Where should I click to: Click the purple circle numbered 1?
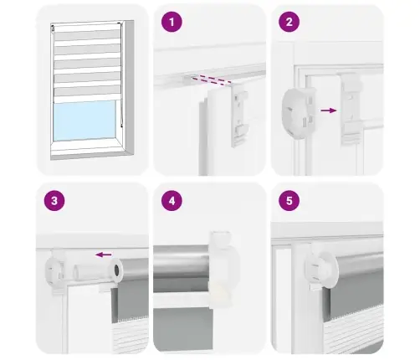pos(172,22)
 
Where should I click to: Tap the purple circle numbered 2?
pos(289,22)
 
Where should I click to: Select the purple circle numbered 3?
pos(54,201)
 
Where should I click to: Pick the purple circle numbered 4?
pos(172,201)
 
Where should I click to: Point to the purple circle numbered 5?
pos(289,201)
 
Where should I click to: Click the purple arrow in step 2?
pos(329,111)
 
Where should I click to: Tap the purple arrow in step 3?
pos(103,255)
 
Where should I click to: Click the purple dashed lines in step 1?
pos(211,80)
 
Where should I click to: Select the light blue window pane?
pos(85,121)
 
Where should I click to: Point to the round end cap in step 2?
pos(299,111)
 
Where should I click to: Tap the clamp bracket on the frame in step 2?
pos(352,109)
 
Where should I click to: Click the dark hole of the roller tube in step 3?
pos(117,269)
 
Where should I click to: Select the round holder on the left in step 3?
pos(54,269)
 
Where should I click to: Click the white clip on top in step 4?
pos(220,238)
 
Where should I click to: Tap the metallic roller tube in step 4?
pos(182,262)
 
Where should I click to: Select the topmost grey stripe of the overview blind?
pos(87,35)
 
